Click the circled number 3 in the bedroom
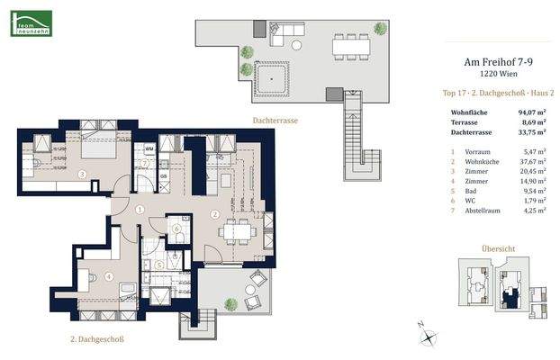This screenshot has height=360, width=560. tap(82, 175)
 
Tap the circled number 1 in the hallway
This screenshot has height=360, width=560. tap(140, 210)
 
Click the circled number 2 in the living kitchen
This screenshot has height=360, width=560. tap(214, 214)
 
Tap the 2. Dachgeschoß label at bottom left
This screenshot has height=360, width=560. tap(96, 339)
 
